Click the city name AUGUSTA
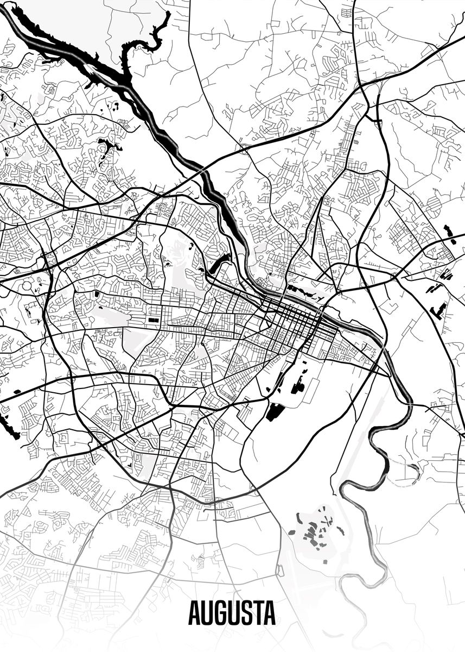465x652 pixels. (x=232, y=613)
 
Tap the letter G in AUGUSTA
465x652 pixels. (x=219, y=613)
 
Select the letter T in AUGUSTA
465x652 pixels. (x=257, y=613)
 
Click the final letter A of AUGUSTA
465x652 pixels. (x=270, y=613)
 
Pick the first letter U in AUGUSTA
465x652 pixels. (x=206, y=613)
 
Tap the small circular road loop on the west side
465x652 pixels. (x=26, y=286)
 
